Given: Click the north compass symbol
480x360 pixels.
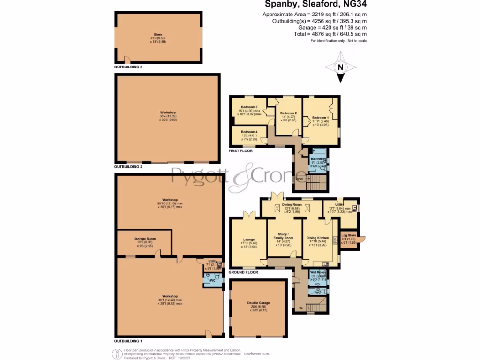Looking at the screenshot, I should point(341,67).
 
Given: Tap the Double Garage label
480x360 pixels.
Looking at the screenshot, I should point(258,303).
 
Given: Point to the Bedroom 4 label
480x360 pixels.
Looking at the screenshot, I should point(248,132).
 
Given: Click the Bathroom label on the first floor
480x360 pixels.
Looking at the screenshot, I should point(317,159).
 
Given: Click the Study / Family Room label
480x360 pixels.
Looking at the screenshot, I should point(284,236).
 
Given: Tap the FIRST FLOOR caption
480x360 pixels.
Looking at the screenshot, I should point(240,151).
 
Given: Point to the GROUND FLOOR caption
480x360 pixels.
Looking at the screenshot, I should point(243,272).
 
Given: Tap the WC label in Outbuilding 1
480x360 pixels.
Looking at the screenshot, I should point(212,280).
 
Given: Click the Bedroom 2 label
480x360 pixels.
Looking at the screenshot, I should point(288,113).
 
